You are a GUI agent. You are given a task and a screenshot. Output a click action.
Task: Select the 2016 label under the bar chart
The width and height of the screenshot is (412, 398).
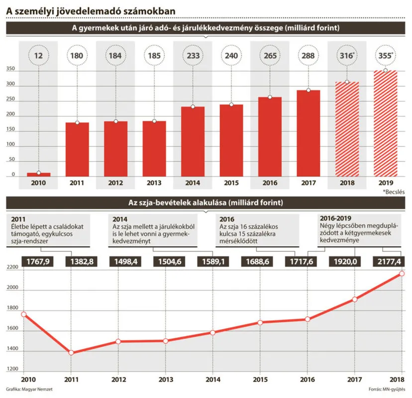pyautogui.click(x=270, y=183)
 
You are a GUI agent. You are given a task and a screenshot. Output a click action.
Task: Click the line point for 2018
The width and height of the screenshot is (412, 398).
pyautogui.click(x=401, y=274)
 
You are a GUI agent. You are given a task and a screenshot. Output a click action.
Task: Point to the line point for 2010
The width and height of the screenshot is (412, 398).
pyautogui.click(x=23, y=314)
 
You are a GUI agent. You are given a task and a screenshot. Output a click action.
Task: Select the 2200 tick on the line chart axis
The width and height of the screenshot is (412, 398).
pyautogui.click(x=12, y=268)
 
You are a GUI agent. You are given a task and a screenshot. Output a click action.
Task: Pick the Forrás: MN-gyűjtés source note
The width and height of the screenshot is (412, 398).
pyautogui.click(x=386, y=390)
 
